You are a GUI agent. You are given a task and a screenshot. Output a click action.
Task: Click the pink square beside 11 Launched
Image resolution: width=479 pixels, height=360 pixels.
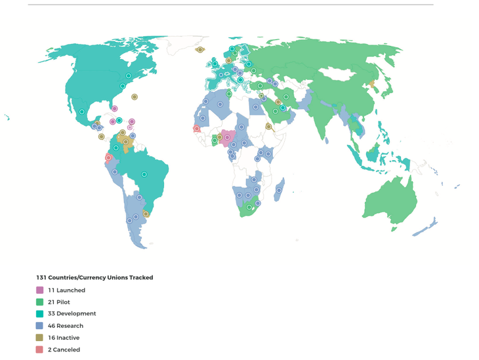(40, 290)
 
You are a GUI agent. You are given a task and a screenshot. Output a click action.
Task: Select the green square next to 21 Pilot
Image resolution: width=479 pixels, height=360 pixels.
(40, 302)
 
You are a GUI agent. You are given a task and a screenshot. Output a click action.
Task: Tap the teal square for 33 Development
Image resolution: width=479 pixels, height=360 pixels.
(40, 313)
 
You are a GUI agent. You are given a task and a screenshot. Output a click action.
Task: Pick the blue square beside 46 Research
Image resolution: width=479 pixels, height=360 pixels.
(40, 325)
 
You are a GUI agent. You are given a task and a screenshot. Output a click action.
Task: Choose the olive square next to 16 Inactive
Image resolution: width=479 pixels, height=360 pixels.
(40, 337)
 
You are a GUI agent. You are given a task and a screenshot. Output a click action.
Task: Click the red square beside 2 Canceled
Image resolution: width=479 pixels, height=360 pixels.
(40, 350)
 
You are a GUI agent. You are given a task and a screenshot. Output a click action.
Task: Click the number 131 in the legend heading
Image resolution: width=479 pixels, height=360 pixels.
(41, 277)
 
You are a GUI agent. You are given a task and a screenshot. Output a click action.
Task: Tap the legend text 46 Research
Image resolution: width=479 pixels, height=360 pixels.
(66, 326)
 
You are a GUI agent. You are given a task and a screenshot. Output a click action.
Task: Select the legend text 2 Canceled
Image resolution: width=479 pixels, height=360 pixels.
(64, 350)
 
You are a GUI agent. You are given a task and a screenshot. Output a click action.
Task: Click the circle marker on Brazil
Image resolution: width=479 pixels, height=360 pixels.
(144, 174)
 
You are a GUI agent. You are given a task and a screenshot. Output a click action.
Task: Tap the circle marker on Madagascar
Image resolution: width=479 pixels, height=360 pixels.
(279, 191)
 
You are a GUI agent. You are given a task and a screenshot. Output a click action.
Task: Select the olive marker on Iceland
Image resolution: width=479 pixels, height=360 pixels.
(200, 50)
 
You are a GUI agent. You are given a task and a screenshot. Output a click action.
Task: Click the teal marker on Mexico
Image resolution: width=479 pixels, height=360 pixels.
(82, 112)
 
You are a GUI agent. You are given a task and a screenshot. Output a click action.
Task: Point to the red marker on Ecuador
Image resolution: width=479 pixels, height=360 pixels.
(108, 157)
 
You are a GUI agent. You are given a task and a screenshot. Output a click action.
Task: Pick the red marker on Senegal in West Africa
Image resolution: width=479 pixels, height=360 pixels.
(196, 129)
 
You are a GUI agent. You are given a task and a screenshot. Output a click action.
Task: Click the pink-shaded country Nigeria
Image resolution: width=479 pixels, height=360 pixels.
(227, 138)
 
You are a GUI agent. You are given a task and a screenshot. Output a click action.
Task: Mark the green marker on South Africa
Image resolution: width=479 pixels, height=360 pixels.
(249, 207)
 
